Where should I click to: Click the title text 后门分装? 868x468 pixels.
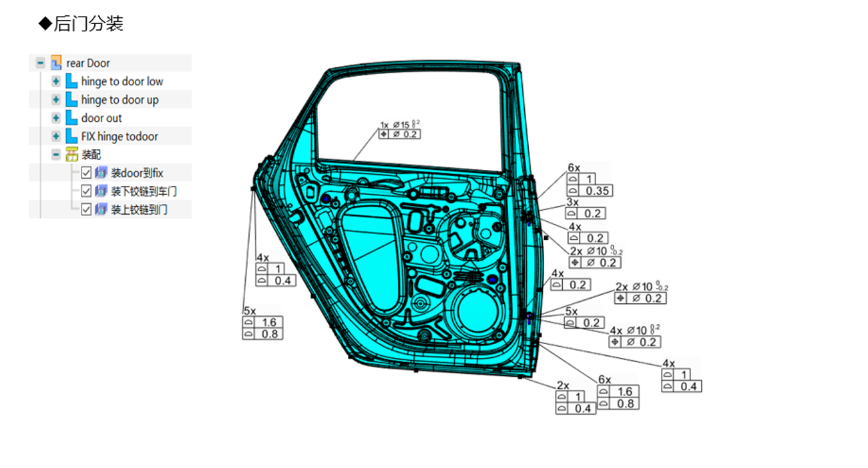coord(88,24)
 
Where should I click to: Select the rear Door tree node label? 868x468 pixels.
coord(87,63)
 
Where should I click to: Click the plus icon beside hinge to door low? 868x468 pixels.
coord(56,81)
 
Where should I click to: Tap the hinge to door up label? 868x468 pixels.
coord(120,100)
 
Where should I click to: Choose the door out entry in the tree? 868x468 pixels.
coord(101,118)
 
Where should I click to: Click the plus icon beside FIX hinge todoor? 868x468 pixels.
coord(56,137)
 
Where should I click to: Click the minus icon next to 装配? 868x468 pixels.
coord(56,155)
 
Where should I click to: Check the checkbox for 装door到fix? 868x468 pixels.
coord(86,173)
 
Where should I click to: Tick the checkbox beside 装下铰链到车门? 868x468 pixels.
coord(86,191)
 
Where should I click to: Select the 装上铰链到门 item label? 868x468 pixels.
coord(139,209)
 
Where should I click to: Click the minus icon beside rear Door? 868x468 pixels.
coord(41,63)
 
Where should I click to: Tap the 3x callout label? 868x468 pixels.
coord(572,202)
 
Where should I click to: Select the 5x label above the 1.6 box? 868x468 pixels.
coord(249,311)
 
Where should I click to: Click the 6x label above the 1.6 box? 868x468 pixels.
coord(604,380)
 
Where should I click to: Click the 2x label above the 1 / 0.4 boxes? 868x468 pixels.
coord(563,385)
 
